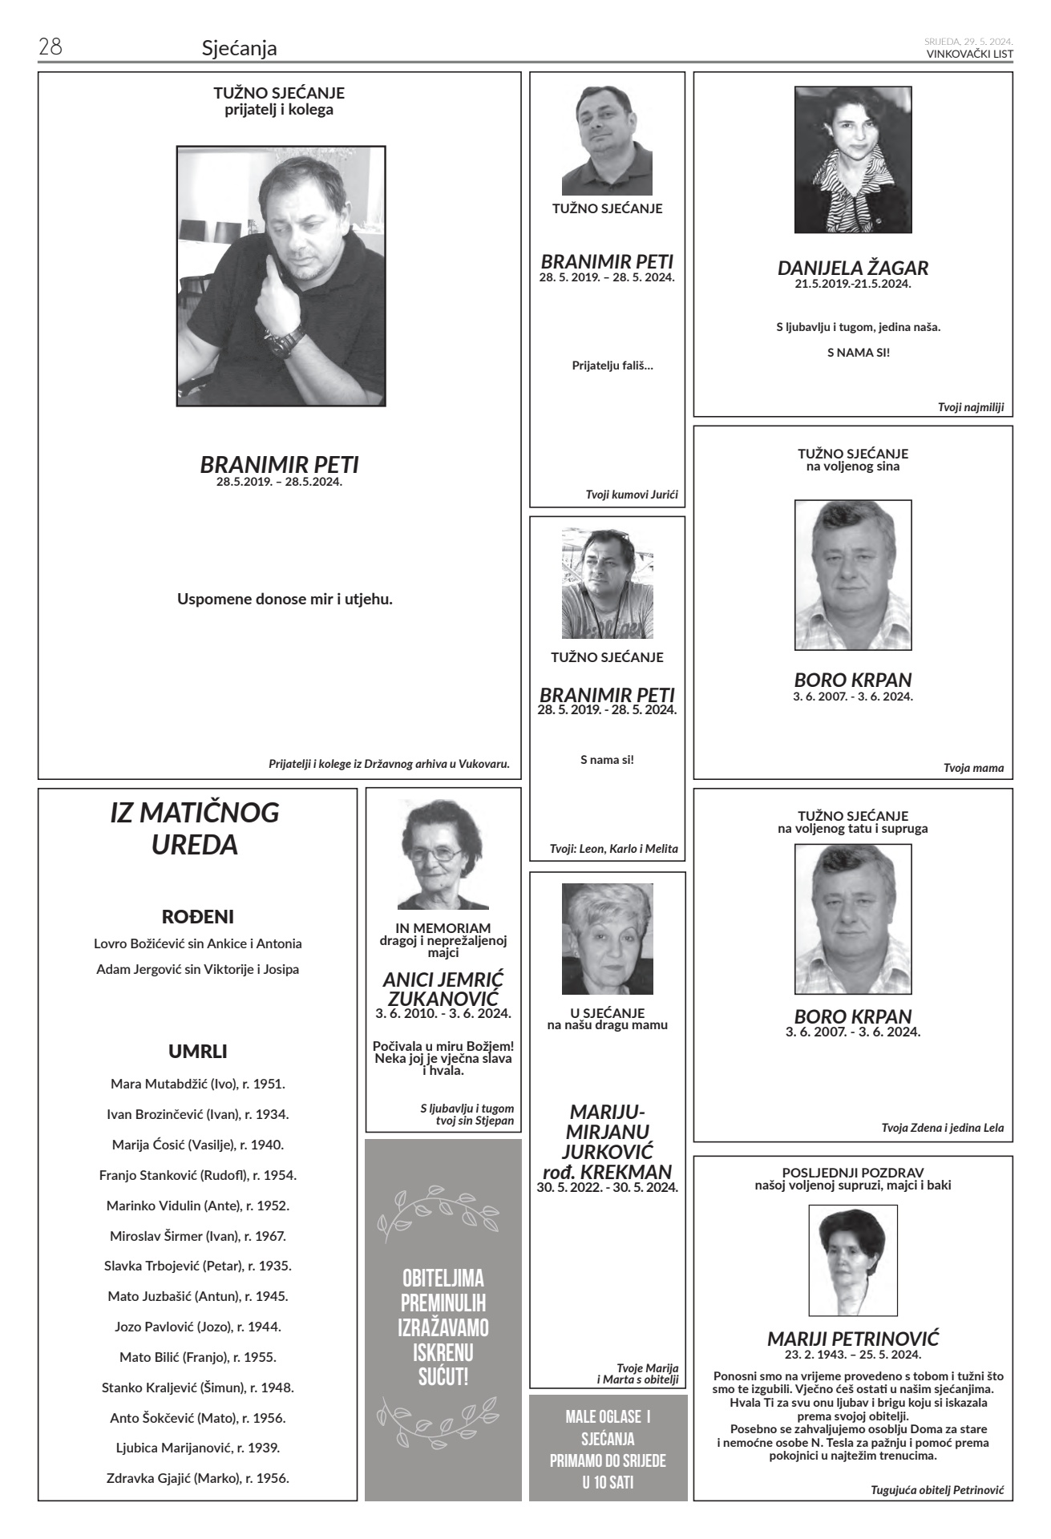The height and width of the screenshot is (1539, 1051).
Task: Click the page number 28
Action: [51, 47]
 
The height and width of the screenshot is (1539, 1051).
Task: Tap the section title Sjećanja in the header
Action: [239, 48]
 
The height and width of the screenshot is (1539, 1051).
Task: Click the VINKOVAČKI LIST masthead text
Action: [969, 54]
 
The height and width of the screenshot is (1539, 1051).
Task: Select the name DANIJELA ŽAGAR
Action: [853, 268]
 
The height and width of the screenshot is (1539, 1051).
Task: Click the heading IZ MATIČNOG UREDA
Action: [195, 828]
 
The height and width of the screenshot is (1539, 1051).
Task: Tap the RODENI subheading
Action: [198, 916]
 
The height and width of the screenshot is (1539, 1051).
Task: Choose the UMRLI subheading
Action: [198, 1051]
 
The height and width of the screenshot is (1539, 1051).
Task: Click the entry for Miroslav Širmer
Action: [198, 1235]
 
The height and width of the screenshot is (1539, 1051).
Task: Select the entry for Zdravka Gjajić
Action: [198, 1478]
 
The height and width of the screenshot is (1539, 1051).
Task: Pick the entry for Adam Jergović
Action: [198, 969]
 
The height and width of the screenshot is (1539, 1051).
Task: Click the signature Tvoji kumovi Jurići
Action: [632, 495]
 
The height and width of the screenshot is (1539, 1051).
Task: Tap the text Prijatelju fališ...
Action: [612, 366]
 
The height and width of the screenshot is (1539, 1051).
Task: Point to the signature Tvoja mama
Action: [973, 768]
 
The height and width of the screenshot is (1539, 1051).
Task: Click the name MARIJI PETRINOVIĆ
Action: [853, 1339]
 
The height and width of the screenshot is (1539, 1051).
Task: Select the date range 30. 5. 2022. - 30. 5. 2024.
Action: [608, 1187]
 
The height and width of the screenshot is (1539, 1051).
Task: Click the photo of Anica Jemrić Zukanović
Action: [443, 854]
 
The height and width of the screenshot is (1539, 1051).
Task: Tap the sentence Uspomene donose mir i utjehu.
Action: [285, 599]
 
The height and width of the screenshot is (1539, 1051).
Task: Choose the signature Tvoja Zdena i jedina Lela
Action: [942, 1128]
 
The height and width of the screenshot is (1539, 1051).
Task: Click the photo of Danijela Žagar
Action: [853, 160]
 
